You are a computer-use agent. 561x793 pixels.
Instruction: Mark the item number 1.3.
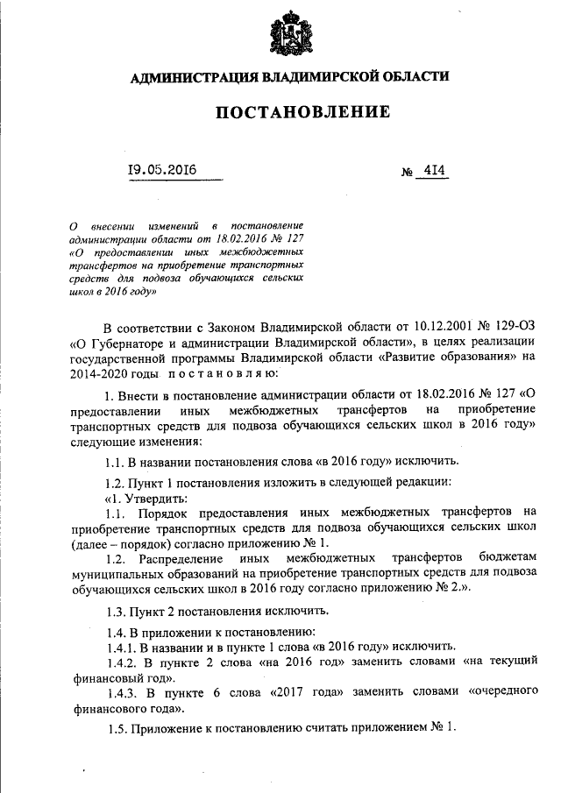(x=117, y=611)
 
